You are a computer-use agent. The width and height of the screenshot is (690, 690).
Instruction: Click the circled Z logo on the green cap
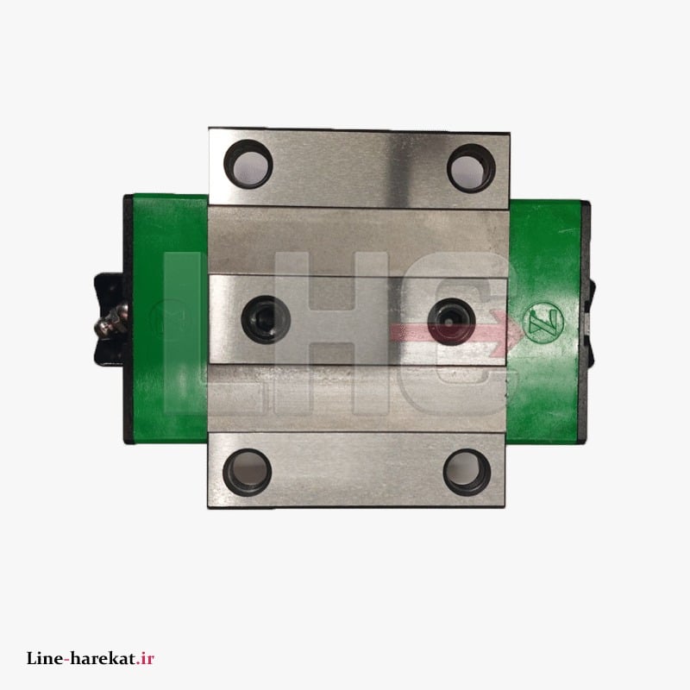pos(544,323)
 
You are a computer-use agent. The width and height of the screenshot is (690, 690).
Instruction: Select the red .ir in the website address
pos(145,659)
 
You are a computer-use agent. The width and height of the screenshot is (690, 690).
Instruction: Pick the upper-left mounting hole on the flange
pos(248,164)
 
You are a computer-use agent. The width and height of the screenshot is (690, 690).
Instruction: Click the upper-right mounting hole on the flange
pos(471,168)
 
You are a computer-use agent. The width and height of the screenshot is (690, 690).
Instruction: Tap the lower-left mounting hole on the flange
pos(248,472)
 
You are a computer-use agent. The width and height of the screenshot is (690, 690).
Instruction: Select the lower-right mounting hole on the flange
pos(467,473)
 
